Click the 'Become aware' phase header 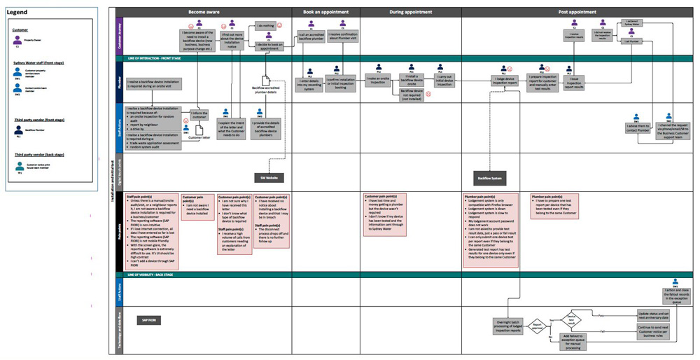point(203,12)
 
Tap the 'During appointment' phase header point(410,12)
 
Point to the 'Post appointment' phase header point(577,12)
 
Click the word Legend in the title point(17,13)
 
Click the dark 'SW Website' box point(269,178)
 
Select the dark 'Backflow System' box point(491,178)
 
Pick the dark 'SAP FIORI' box point(149,319)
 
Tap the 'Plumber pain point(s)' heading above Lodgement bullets point(482,197)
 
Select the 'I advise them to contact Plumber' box point(638,128)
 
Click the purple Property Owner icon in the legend point(17,41)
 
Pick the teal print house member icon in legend point(18,165)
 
